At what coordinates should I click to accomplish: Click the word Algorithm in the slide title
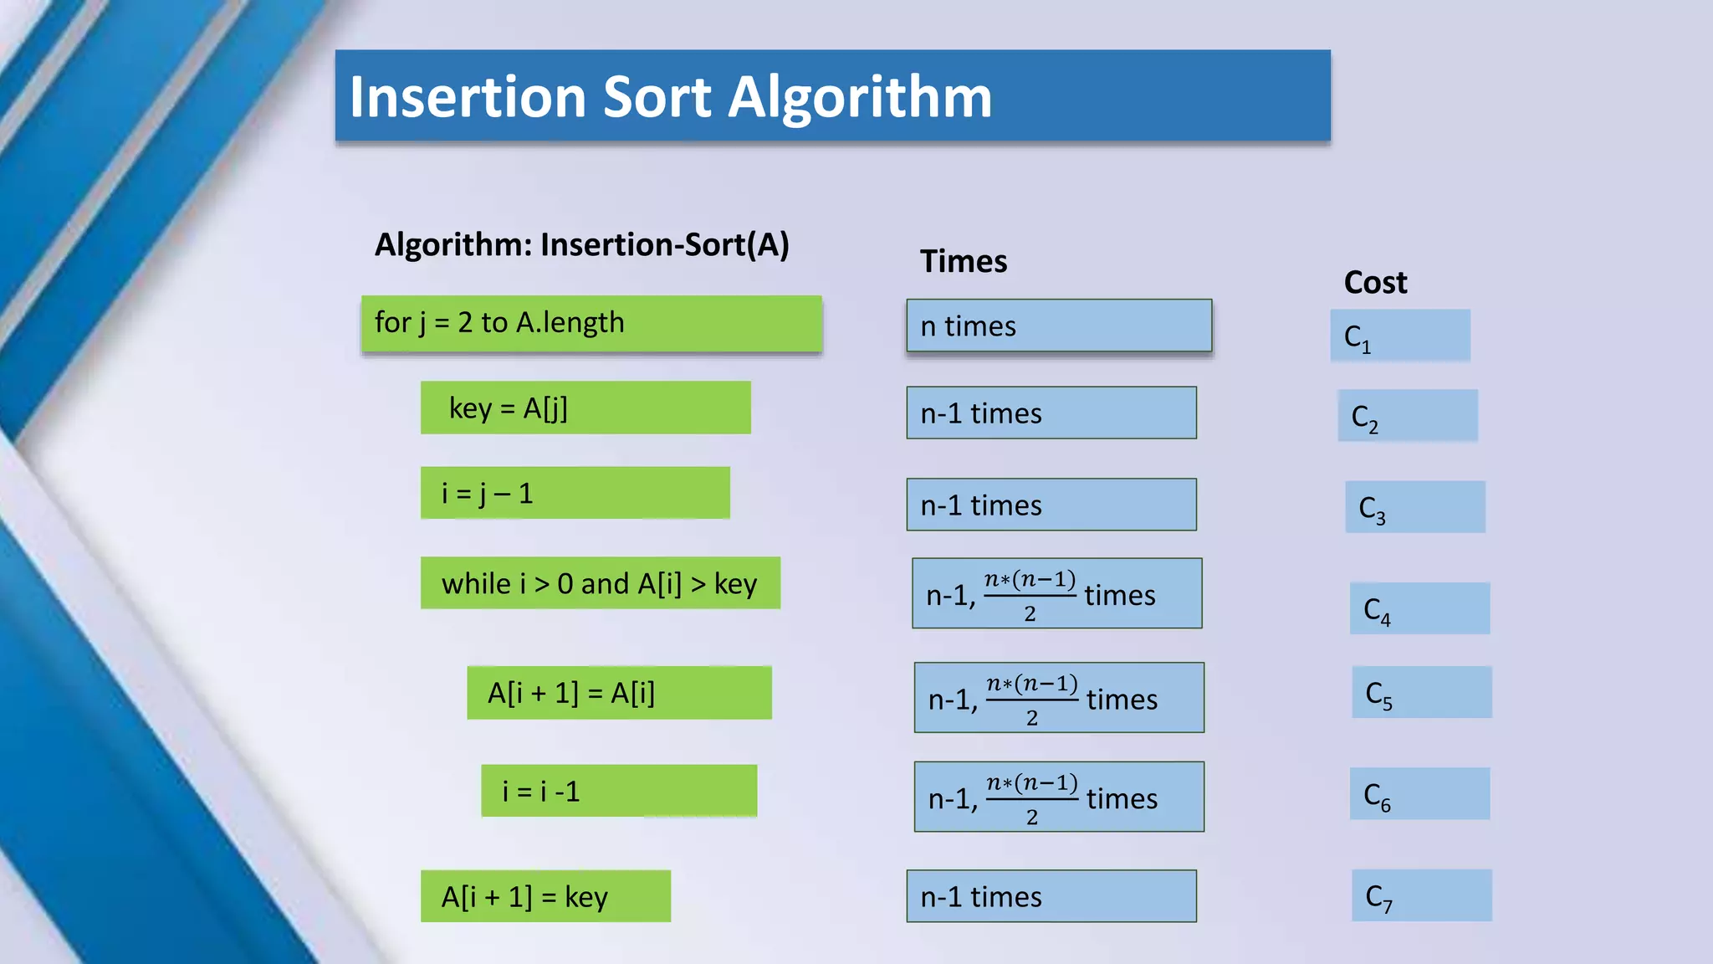click(x=860, y=99)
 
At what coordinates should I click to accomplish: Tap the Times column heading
click(x=964, y=262)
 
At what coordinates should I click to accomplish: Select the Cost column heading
click(x=1375, y=283)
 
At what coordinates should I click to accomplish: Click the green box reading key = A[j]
click(x=585, y=408)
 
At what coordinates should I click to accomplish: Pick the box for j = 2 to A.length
click(x=591, y=324)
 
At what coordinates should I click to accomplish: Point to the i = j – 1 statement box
click(x=575, y=493)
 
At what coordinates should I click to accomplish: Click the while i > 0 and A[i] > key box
click(x=600, y=583)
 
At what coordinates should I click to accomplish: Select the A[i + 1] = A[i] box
click(x=619, y=693)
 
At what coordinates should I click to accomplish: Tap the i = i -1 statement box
click(x=619, y=791)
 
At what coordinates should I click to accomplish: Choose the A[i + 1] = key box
click(x=545, y=896)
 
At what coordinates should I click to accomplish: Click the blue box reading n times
click(x=1059, y=326)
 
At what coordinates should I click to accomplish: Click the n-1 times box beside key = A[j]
click(x=1051, y=413)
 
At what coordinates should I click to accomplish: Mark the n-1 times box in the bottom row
click(x=1051, y=896)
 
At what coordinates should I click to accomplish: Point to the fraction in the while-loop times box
click(x=1030, y=595)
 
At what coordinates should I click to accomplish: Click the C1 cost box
click(x=1400, y=336)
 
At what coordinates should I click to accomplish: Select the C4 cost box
click(x=1419, y=608)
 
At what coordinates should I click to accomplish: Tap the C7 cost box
click(x=1421, y=896)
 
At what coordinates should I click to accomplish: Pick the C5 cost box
click(x=1421, y=692)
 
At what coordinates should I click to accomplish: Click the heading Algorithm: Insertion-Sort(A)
click(x=581, y=245)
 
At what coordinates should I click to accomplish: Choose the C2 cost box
click(x=1408, y=416)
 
